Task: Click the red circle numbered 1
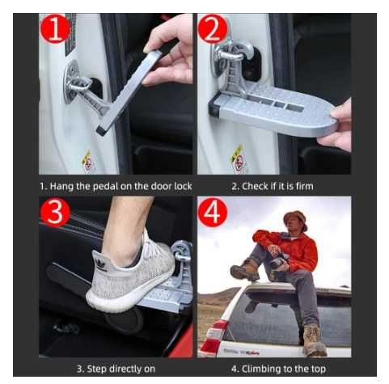click(55, 28)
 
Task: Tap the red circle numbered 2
click(213, 28)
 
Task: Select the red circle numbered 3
click(55, 212)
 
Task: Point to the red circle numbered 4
click(213, 212)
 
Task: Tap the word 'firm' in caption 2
click(304, 186)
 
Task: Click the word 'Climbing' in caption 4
click(260, 369)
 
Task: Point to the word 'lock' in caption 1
click(183, 186)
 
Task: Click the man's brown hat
click(296, 218)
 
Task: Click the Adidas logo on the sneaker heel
click(101, 265)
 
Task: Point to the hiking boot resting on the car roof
click(245, 269)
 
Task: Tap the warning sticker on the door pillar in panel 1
click(87, 161)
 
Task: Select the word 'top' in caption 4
click(319, 369)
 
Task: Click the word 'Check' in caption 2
click(254, 186)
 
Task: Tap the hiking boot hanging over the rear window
click(313, 340)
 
